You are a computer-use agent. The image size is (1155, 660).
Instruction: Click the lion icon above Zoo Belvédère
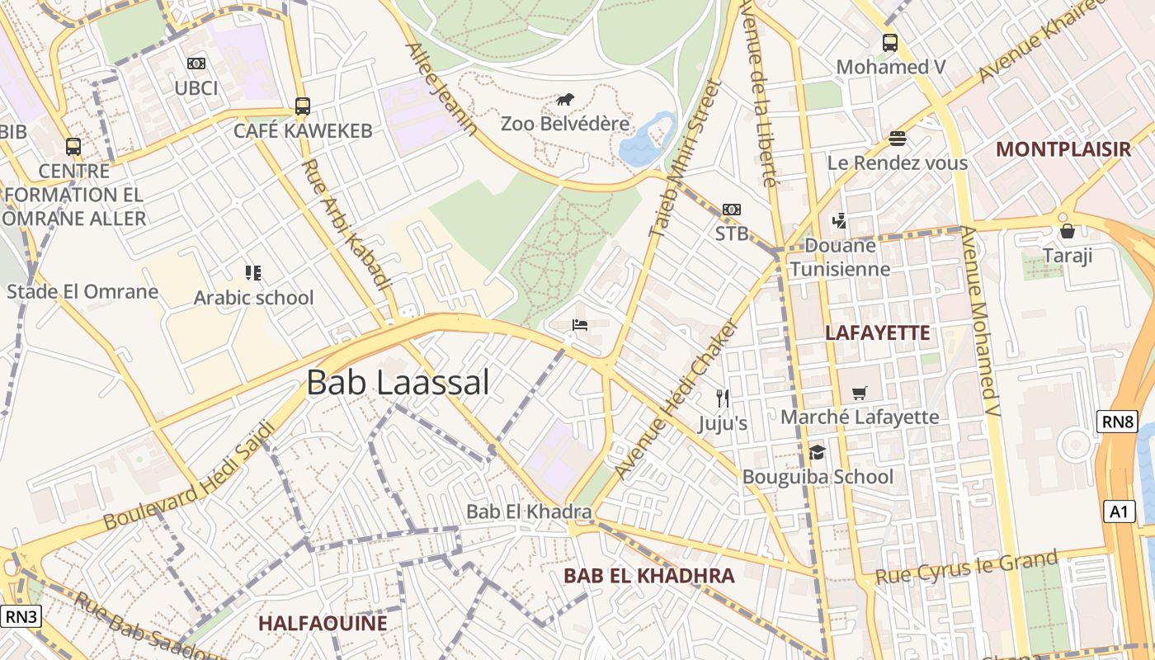[x=565, y=101]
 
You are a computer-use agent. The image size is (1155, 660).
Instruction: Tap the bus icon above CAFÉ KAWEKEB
[x=303, y=106]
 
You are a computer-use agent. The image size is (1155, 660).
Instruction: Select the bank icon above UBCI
[x=196, y=64]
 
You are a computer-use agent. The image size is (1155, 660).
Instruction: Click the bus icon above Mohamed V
[x=890, y=43]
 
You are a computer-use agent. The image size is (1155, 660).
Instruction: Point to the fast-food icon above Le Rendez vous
[x=898, y=139]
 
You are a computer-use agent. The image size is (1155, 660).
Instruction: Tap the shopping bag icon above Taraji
[x=1068, y=231]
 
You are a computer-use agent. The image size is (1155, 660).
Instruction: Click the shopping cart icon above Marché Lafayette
[x=860, y=394]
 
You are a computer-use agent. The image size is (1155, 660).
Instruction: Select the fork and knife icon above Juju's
[x=723, y=399]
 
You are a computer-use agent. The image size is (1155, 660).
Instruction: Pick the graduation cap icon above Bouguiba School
[x=818, y=452]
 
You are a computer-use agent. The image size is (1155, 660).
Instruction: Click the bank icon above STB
[x=732, y=210]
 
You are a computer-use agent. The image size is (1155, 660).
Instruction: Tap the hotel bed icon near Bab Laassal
[x=580, y=325]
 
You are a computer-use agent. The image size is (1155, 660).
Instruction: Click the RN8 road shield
[x=1118, y=423]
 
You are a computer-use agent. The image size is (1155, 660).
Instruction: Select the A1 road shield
[x=1118, y=511]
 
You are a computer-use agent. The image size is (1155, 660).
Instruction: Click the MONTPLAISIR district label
[x=1063, y=149]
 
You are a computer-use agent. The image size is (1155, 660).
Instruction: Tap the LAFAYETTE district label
[x=878, y=333]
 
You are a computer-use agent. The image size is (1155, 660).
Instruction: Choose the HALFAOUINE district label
[x=323, y=623]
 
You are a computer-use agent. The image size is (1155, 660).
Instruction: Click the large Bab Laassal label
[x=398, y=383]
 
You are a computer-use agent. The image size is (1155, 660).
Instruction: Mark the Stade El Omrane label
[x=82, y=291]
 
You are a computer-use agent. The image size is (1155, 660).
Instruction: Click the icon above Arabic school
[x=253, y=273]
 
